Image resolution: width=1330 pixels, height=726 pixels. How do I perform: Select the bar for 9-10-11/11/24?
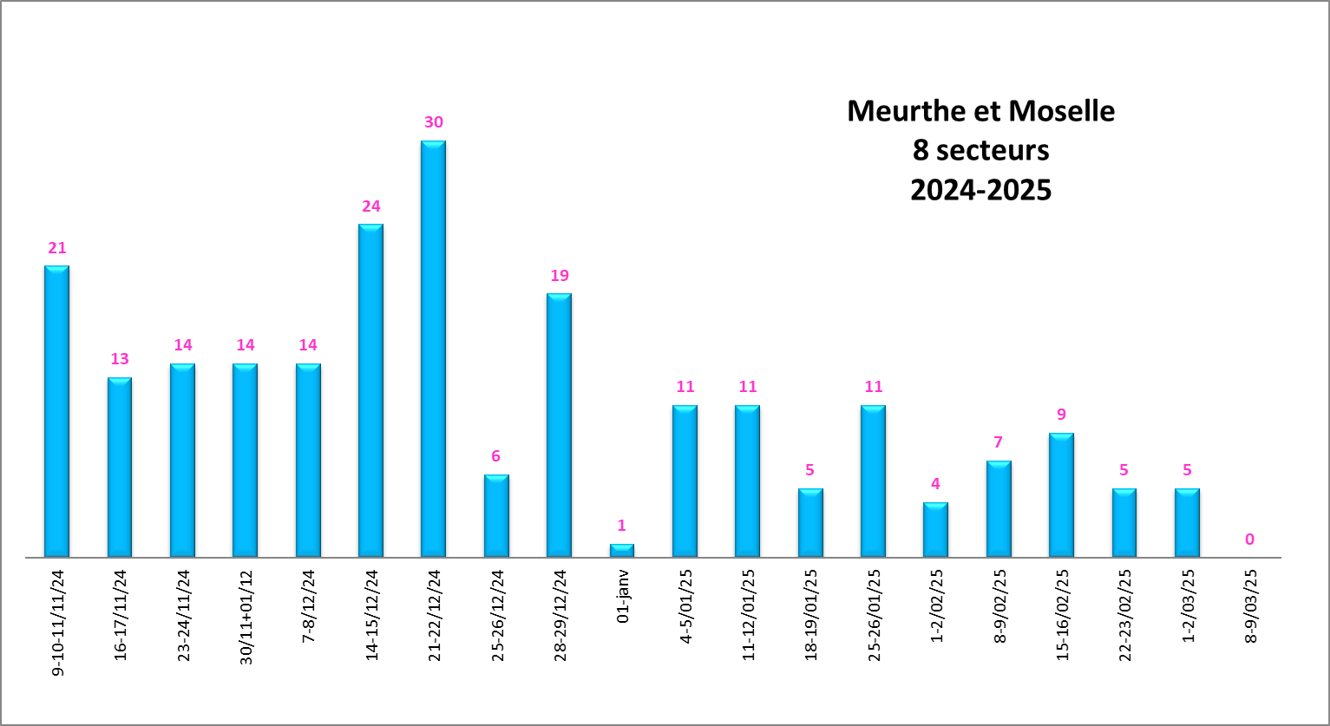click(56, 411)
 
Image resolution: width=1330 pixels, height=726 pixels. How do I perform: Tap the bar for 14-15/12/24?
click(370, 390)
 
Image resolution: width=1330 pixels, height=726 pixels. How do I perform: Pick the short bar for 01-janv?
click(622, 550)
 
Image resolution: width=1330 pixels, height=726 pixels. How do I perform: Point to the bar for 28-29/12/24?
click(559, 425)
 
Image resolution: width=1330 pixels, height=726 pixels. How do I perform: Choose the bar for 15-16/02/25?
click(1061, 494)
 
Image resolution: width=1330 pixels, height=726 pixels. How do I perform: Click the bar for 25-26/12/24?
click(496, 515)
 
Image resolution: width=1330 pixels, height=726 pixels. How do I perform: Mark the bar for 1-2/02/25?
click(935, 529)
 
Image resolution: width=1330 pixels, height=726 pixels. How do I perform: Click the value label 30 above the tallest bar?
click(434, 122)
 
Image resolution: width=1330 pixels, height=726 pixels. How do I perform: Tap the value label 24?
click(371, 206)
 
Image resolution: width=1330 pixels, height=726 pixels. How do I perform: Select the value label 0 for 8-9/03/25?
click(1249, 540)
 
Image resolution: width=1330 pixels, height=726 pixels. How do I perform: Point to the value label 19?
click(560, 276)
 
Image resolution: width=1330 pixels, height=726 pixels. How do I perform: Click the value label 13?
click(120, 359)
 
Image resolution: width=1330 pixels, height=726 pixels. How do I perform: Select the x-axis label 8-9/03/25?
click(1250, 606)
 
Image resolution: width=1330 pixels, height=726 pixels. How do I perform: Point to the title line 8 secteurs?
click(980, 151)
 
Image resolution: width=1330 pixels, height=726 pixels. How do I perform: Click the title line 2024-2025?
click(980, 190)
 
